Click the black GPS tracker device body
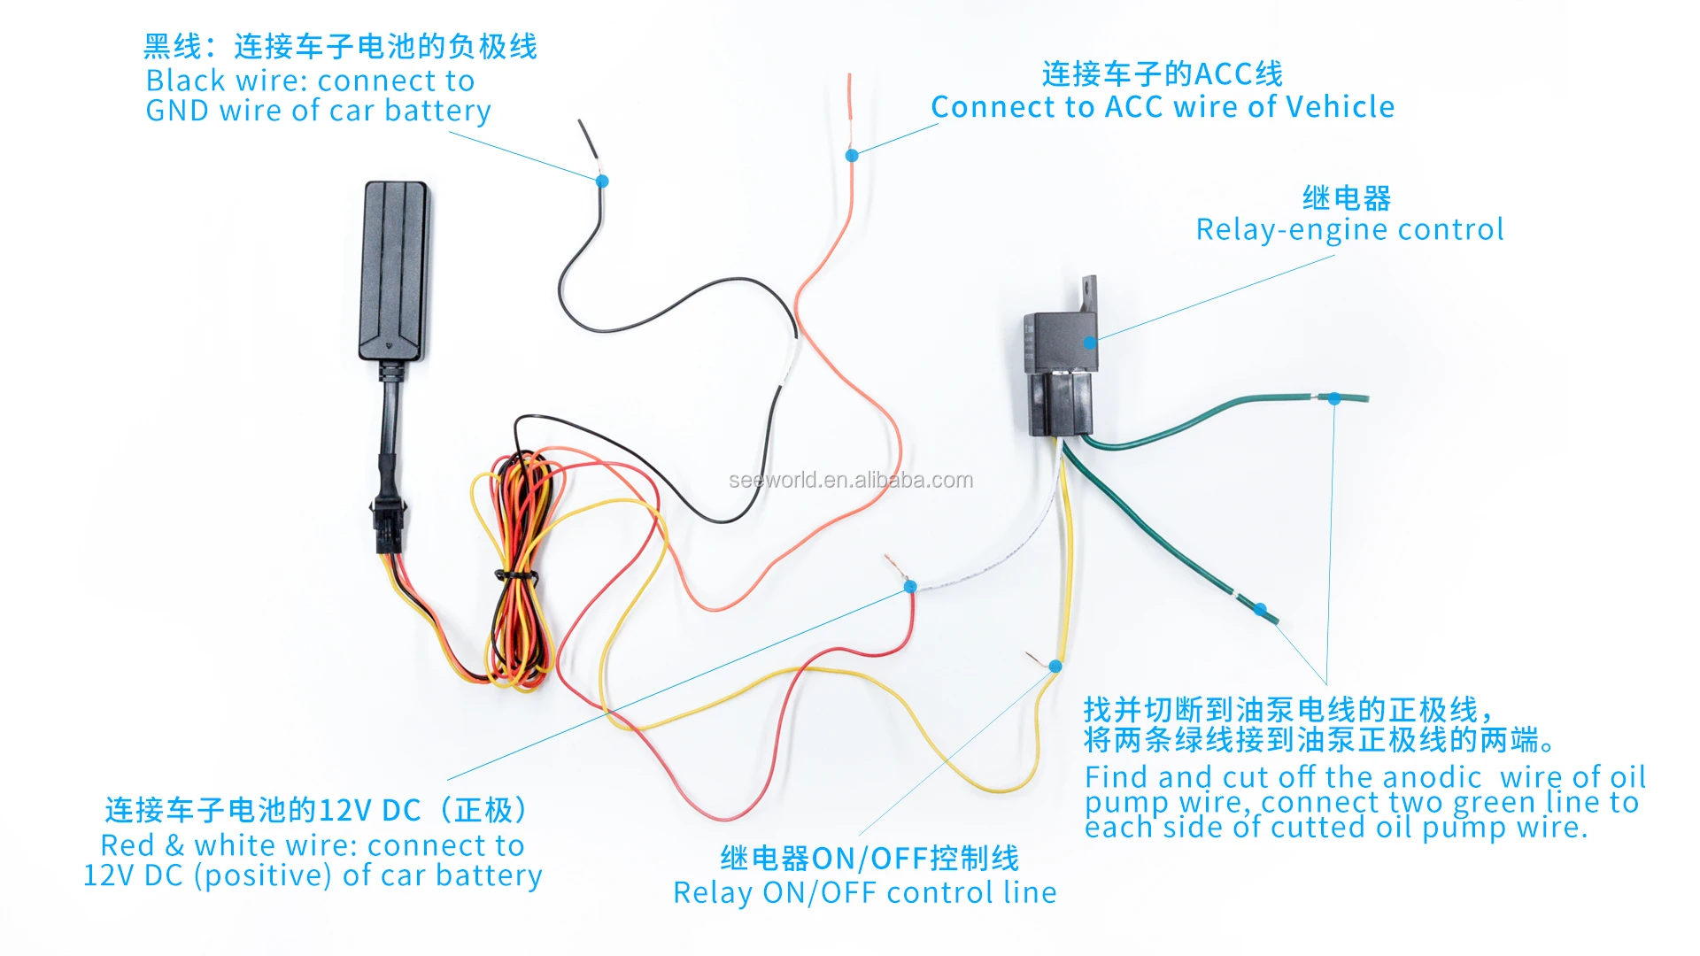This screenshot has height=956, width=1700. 395,270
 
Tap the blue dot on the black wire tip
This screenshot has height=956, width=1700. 602,181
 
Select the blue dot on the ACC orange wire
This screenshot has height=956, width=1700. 852,156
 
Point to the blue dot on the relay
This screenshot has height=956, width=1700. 1091,343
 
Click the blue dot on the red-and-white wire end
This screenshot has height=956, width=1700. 909,586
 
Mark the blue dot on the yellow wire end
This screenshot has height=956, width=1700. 1055,666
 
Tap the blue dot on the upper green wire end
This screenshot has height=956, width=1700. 1334,399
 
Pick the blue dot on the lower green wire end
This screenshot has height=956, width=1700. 1260,609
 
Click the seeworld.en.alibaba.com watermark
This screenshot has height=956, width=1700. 851,480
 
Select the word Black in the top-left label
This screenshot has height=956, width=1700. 185,81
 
